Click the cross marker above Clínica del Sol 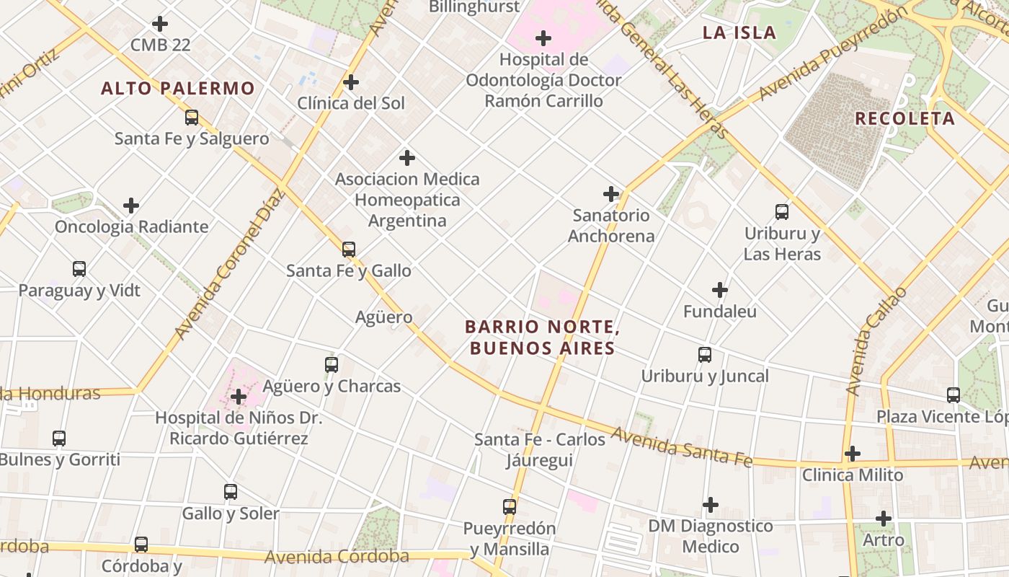[351, 82]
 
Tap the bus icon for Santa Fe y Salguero [192, 118]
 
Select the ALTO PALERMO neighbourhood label [178, 89]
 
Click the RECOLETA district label [904, 119]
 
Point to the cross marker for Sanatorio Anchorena [611, 194]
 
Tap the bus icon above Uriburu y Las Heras [782, 212]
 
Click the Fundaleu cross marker [720, 290]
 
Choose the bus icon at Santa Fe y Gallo [349, 250]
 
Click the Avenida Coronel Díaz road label [229, 263]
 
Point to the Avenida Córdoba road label [337, 556]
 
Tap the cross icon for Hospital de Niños [239, 397]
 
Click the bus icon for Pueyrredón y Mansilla [510, 507]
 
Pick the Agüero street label [384, 317]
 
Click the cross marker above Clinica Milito [853, 454]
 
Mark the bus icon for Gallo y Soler [231, 492]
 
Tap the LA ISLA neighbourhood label [739, 32]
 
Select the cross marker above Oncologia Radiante [131, 206]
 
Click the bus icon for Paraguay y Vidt [79, 269]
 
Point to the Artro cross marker [884, 518]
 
